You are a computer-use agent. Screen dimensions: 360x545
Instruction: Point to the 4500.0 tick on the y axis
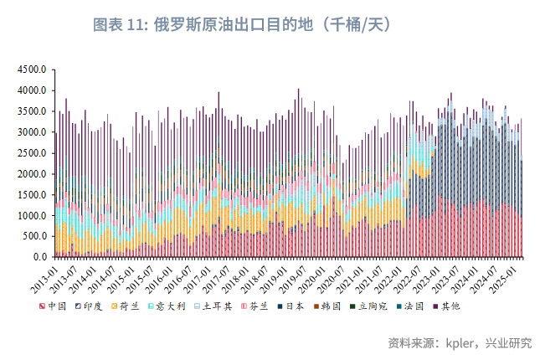tap(33, 69)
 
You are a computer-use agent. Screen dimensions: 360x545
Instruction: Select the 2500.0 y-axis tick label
tap(33, 153)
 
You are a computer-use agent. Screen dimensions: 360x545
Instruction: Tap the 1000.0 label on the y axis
tap(33, 216)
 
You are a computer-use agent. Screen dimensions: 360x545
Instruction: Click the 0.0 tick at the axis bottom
tap(39, 257)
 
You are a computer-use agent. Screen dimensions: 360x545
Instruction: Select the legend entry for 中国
tap(58, 306)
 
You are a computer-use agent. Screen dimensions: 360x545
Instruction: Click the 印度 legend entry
tap(93, 306)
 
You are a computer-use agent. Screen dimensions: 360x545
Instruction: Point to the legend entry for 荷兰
tap(129, 306)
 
